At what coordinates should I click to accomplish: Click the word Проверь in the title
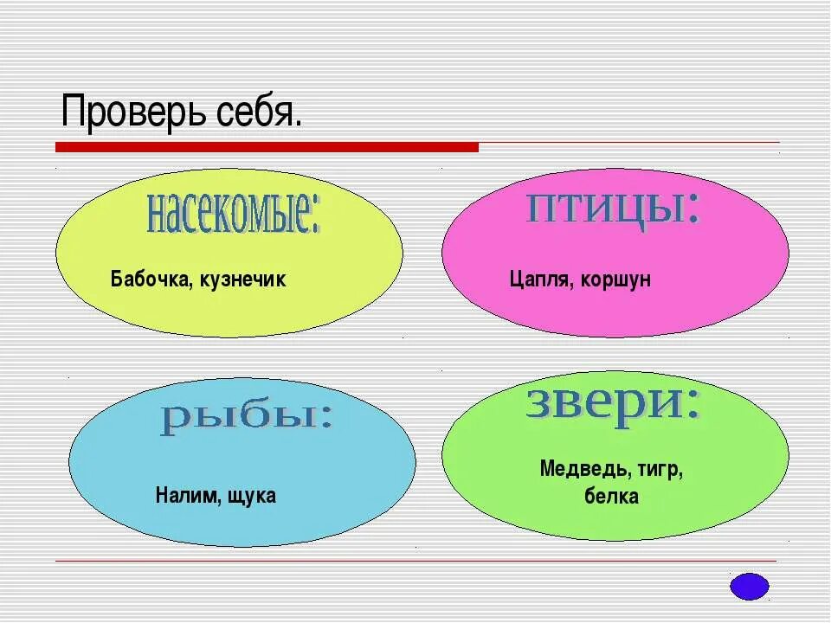point(131,112)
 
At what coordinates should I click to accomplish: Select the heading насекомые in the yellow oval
point(231,213)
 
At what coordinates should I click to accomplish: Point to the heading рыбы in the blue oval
point(245,418)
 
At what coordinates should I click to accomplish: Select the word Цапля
point(536,279)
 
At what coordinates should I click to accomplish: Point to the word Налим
point(182,496)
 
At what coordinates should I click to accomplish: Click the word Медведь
point(584,469)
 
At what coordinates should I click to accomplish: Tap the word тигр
point(660,469)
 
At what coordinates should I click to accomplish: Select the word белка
point(611,497)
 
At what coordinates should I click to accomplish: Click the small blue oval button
point(750,586)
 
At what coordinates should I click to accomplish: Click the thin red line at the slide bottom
point(415,561)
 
